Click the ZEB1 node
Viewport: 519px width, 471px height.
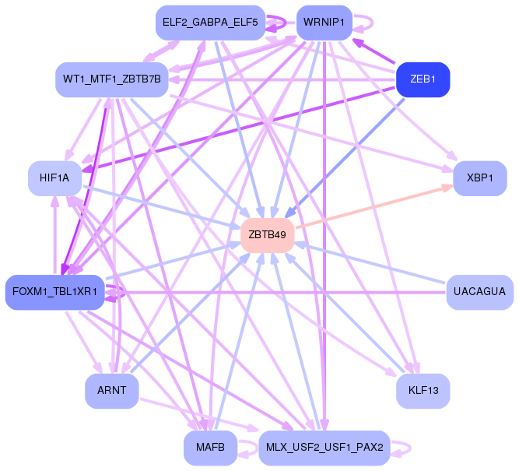coord(423,79)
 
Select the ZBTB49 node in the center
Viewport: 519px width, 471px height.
coord(268,235)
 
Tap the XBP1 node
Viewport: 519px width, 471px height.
coord(480,178)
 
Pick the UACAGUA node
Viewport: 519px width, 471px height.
coord(480,292)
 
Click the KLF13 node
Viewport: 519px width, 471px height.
coord(423,391)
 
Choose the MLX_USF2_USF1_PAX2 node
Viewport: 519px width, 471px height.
coord(324,448)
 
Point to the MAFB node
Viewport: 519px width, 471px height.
coord(211,448)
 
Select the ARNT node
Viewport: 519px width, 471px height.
coord(112,391)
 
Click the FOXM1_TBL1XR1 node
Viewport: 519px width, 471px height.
coord(55,292)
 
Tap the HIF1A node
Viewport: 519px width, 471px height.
coord(55,178)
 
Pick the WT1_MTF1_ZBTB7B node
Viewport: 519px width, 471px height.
coord(112,79)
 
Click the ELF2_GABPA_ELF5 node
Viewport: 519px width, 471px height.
coord(211,23)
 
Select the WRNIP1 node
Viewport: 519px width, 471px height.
coord(324,23)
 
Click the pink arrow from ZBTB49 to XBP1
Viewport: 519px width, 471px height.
coord(374,206)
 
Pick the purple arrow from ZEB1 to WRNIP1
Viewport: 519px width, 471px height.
coord(373,51)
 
